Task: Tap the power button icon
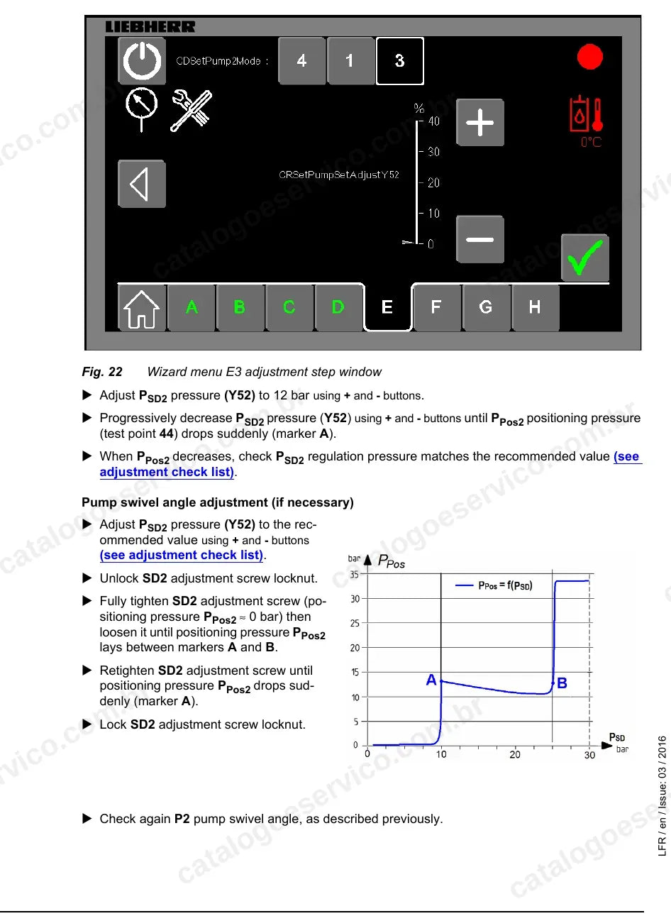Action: (141, 61)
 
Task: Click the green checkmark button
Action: (584, 258)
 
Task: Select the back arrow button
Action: (141, 184)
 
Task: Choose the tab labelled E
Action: (387, 307)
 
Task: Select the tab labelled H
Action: (535, 307)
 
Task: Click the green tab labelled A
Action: (192, 307)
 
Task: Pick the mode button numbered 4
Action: (301, 61)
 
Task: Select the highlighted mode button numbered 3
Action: (399, 61)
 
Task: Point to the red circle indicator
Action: (589, 57)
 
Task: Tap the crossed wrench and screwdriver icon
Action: (191, 111)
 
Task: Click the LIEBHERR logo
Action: (150, 27)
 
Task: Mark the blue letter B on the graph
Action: (562, 683)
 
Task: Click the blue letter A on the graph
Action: (431, 680)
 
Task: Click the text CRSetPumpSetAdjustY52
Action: (338, 175)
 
